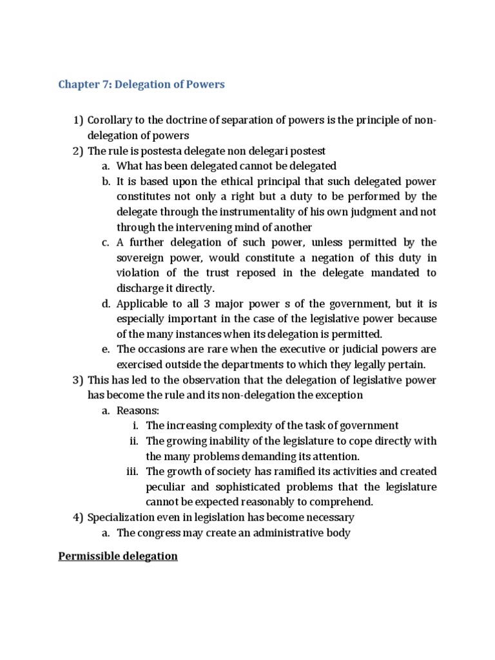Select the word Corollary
pos(110,121)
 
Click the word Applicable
pos(144,303)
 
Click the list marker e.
pos(105,349)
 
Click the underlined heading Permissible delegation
pos(118,556)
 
